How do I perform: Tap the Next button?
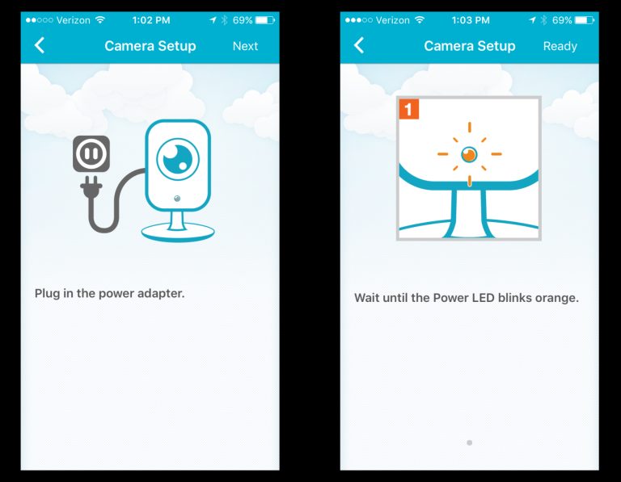(x=245, y=46)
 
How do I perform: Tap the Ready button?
(x=560, y=46)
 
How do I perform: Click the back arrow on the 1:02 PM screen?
(x=39, y=45)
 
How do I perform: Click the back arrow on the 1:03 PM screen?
(x=358, y=45)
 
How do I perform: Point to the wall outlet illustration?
(x=91, y=154)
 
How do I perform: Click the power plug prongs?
(x=91, y=186)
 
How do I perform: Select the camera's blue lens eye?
(x=178, y=159)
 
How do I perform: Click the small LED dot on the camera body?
(x=177, y=198)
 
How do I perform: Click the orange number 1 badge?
(x=408, y=109)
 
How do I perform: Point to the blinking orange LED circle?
(x=469, y=154)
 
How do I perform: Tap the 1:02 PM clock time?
(x=151, y=20)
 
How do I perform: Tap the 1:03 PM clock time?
(x=471, y=20)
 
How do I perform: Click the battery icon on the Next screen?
(x=265, y=20)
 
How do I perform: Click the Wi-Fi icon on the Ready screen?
(x=420, y=19)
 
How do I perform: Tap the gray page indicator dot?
(x=469, y=443)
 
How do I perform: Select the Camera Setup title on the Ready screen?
(x=470, y=46)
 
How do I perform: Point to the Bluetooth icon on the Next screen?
(x=224, y=20)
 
